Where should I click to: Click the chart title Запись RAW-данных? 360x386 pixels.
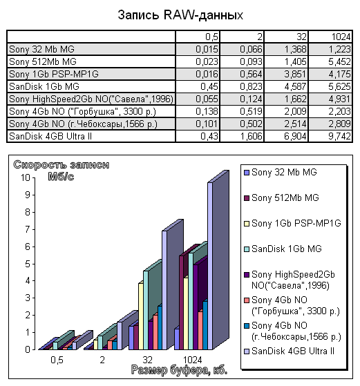(180, 15)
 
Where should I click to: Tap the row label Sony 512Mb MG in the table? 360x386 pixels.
(43, 61)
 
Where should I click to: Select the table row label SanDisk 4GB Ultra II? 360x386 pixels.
(50, 136)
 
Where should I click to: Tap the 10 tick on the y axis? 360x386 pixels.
(26, 177)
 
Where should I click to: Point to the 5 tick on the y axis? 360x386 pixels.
(28, 264)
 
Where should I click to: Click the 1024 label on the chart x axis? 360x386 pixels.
(193, 360)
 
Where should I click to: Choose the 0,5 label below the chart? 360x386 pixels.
(57, 360)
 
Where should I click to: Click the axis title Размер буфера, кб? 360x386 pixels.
(179, 370)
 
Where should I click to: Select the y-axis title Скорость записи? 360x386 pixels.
(61, 164)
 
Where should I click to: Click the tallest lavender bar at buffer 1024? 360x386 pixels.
(210, 266)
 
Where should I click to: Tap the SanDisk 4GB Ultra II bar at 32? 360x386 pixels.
(164, 290)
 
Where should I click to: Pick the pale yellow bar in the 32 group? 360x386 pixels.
(141, 316)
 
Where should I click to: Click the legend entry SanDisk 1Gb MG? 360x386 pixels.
(283, 249)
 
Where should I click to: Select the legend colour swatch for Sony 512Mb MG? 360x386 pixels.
(247, 198)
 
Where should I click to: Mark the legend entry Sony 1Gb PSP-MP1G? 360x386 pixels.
(292, 223)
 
